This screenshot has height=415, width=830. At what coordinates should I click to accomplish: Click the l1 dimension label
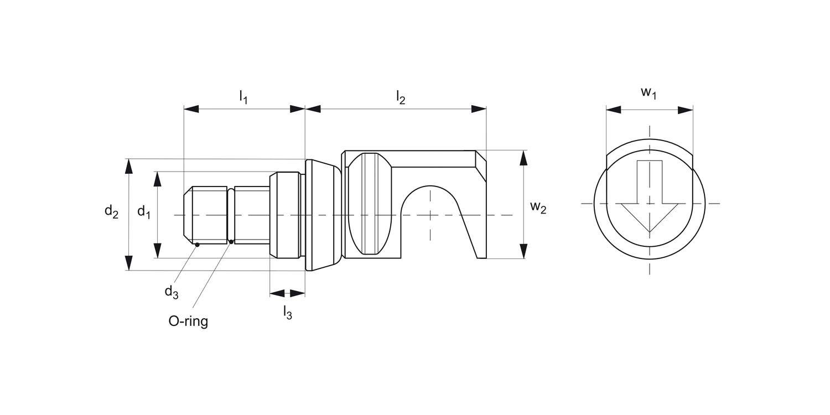[x=243, y=97]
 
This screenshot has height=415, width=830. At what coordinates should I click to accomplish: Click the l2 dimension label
[x=401, y=97]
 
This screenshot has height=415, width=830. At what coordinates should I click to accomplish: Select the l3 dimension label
[x=287, y=313]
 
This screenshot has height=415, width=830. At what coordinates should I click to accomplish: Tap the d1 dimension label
[x=144, y=211]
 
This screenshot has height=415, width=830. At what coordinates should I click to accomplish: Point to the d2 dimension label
[x=111, y=211]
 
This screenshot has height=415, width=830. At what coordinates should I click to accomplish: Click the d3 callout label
[x=172, y=292]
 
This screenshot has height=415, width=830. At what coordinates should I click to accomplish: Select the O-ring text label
[x=188, y=321]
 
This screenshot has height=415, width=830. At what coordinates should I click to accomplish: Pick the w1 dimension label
[x=649, y=92]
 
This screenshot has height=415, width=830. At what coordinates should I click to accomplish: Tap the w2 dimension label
[x=538, y=207]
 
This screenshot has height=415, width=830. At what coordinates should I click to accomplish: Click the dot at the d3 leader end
[x=197, y=243]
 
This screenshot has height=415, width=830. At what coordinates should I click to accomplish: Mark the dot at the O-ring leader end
[x=231, y=241]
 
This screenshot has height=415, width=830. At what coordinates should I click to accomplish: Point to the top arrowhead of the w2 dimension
[x=523, y=158]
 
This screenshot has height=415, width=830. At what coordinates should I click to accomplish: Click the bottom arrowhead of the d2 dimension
[x=129, y=263]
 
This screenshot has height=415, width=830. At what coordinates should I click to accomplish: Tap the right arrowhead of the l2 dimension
[x=479, y=109]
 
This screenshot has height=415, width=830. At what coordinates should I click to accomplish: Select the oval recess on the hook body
[x=370, y=204]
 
